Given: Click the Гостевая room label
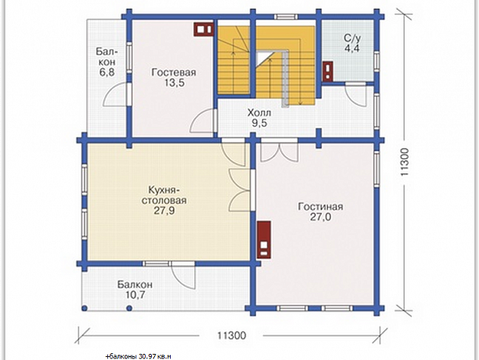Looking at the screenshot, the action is click(174, 73).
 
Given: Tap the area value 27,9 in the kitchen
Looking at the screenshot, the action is click(165, 211).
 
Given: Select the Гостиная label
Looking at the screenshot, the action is click(320, 206).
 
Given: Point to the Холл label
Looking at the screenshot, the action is click(259, 113).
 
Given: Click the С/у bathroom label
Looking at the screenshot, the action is click(352, 39).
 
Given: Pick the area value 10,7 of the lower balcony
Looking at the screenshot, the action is click(134, 295).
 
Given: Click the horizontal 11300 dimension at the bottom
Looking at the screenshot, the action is click(231, 336).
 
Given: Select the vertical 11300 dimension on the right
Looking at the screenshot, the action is click(404, 162).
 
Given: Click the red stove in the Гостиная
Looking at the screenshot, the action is click(264, 240).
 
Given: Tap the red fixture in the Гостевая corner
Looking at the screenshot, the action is click(203, 29).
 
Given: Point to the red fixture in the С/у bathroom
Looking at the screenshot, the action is click(328, 72).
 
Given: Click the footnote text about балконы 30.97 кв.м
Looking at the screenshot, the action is click(138, 356).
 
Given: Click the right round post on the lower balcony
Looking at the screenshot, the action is click(129, 308).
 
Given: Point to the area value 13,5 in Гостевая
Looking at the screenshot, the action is click(174, 82).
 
